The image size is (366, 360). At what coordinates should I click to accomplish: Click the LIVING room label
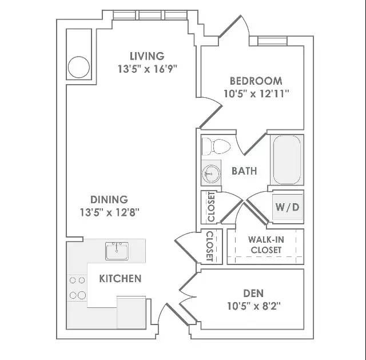coord(147,56)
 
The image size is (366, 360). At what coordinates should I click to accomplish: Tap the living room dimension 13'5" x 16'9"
coord(148,69)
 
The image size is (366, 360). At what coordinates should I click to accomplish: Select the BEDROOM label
coord(256,81)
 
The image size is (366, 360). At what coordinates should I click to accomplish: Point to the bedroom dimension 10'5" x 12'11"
coord(256,94)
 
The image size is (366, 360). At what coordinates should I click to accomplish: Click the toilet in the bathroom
coord(216,147)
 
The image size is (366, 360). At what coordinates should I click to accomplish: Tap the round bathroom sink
coord(211,173)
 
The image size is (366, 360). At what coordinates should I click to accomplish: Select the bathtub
coord(287,160)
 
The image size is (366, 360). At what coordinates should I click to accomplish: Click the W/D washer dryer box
coord(287,207)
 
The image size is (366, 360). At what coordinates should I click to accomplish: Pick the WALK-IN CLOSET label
coord(266,245)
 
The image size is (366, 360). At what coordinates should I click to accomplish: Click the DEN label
coord(253,293)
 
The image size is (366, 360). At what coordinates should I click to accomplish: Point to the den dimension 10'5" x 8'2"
coord(254,306)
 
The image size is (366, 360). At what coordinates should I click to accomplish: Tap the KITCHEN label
coord(120,279)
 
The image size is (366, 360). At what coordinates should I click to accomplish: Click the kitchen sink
coord(117,251)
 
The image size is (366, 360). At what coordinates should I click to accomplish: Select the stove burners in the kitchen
coord(77,288)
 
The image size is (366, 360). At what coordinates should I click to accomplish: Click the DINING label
coord(109,200)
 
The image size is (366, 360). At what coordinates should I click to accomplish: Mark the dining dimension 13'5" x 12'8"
coord(109,212)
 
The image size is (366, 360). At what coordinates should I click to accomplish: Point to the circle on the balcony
coord(79,67)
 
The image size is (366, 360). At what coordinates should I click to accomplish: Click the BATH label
coord(244,171)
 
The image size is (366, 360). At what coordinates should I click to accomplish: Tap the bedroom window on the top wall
coord(272,41)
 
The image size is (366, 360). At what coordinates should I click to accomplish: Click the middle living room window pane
coord(150,15)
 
